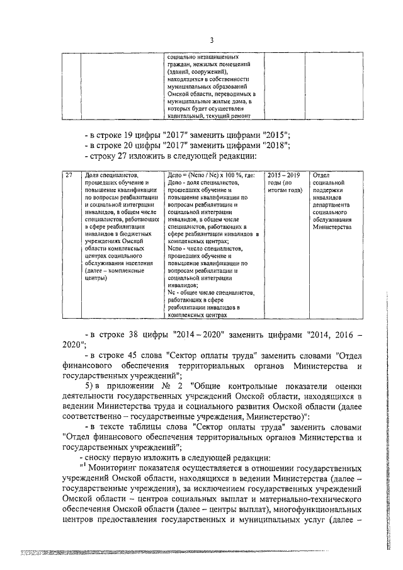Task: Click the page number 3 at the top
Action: (x=212, y=40)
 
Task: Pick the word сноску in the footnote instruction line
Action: (x=105, y=459)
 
